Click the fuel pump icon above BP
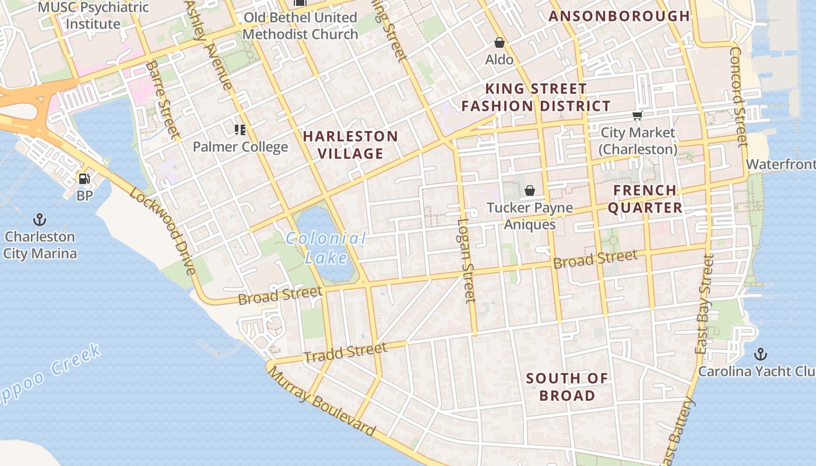coord(85,179)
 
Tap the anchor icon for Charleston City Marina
coord(40,220)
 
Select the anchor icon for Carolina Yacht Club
coord(760,354)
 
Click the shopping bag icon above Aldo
coord(500,43)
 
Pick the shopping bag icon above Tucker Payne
coord(530,190)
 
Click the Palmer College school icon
coord(240,129)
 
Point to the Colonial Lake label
coord(326,248)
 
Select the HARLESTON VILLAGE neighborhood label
coord(350,145)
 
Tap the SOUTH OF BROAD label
coord(567,387)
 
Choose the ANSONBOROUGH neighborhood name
coord(620,16)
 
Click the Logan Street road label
coord(467,260)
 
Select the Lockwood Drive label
coord(163,231)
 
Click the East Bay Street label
coord(704,305)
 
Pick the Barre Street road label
coord(163,100)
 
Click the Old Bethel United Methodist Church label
coord(300,26)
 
